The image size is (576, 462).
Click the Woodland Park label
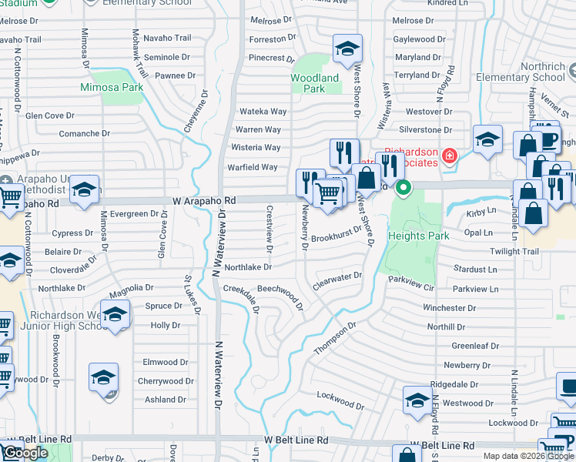pos(314,83)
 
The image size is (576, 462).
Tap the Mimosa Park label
pos(112,88)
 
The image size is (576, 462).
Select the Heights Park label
pos(418,236)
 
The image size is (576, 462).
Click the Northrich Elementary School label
pos(531,72)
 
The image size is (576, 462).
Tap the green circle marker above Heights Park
pos(403,187)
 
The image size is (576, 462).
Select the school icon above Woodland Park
pos(347,49)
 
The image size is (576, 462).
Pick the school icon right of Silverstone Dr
pos(487,139)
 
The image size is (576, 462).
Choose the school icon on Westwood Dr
pos(417,400)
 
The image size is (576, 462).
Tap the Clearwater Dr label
pos(337,281)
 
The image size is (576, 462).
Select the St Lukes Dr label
pos(193,294)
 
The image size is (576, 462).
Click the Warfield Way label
pos(252,167)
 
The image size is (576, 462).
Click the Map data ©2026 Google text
pos(527,456)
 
